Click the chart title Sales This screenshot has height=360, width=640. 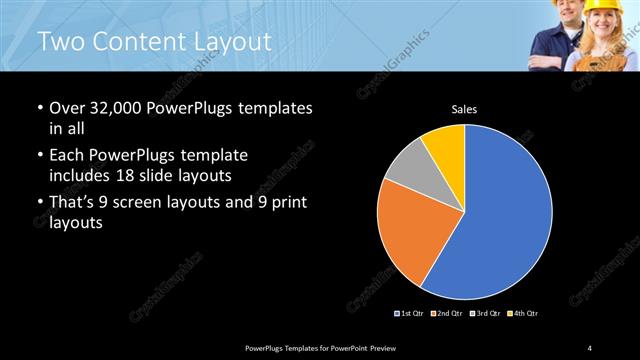click(x=464, y=109)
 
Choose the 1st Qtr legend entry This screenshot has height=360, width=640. click(x=411, y=314)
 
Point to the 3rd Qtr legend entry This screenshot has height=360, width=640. click(x=485, y=314)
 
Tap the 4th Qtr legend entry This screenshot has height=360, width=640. click(x=523, y=314)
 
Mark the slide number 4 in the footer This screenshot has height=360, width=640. click(x=590, y=347)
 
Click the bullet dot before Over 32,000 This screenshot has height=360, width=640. click(x=39, y=108)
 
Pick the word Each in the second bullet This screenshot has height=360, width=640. click(x=68, y=156)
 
